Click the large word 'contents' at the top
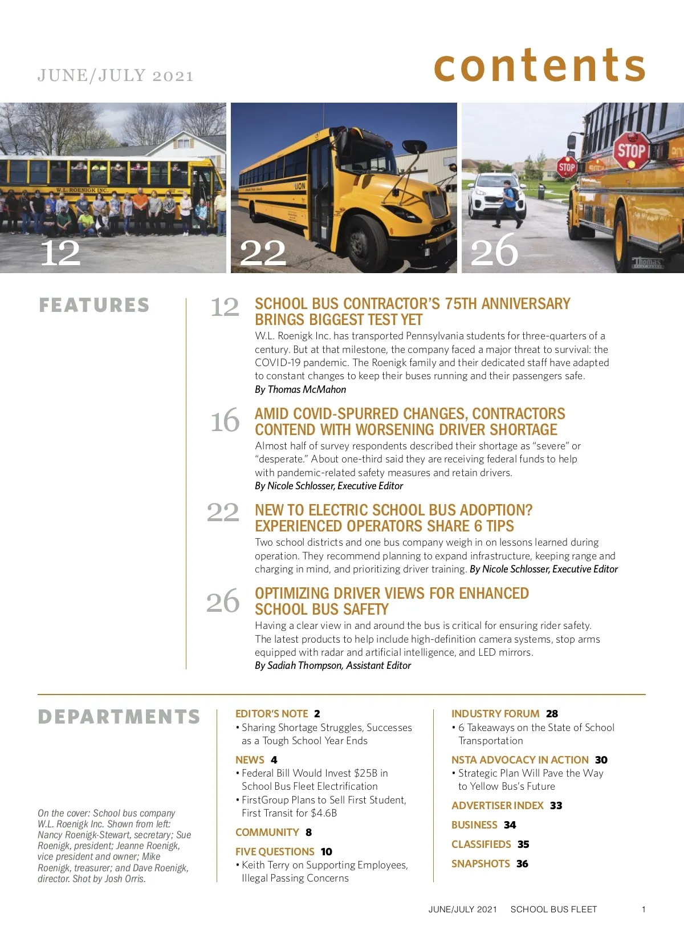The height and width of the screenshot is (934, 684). (x=539, y=66)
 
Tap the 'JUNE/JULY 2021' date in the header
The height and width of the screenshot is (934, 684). (x=116, y=76)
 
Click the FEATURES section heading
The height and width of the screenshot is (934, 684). (x=94, y=305)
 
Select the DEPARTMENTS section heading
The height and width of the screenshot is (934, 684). (x=119, y=717)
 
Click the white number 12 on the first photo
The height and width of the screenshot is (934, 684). (x=60, y=253)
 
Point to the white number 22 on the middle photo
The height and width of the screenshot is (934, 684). (x=263, y=253)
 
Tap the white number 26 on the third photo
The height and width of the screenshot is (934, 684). (x=494, y=251)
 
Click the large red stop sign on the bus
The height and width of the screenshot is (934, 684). (x=631, y=151)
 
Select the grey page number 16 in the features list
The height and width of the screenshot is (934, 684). (x=225, y=421)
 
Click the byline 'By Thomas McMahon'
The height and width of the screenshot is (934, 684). (x=300, y=389)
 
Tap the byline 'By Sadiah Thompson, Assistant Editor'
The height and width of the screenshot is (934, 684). (x=333, y=665)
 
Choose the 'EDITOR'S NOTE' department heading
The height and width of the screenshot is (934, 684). (x=271, y=713)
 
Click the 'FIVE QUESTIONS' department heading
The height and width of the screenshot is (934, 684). (x=275, y=851)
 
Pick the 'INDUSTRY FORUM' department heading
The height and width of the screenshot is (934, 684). (x=495, y=713)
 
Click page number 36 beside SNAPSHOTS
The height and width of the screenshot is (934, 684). (x=522, y=864)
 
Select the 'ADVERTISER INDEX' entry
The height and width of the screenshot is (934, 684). (x=497, y=805)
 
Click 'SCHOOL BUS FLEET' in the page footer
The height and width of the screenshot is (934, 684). (x=553, y=909)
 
